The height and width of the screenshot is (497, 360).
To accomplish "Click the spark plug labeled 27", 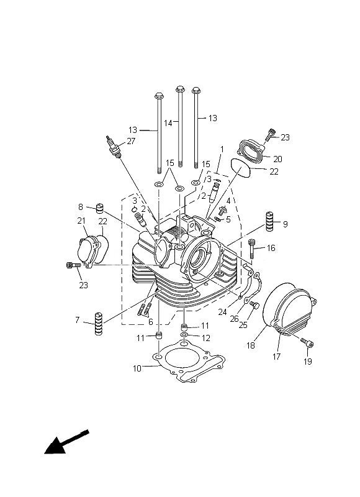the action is tap(114, 147).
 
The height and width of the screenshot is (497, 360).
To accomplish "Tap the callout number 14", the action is tap(168, 123).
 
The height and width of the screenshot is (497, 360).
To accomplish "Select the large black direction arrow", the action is tap(66, 442).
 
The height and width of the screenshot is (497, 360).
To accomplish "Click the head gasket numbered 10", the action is tap(189, 360).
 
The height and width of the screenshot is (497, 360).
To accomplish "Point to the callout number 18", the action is tap(251, 345).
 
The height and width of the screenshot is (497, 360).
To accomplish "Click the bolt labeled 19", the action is tap(307, 343).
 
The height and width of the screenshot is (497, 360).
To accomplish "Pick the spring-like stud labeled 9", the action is tap(269, 221).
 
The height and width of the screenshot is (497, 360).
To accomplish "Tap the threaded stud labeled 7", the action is tap(99, 323).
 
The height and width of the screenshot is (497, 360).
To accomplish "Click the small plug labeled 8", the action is tap(100, 209).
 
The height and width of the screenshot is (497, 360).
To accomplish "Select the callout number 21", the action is tap(81, 221).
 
